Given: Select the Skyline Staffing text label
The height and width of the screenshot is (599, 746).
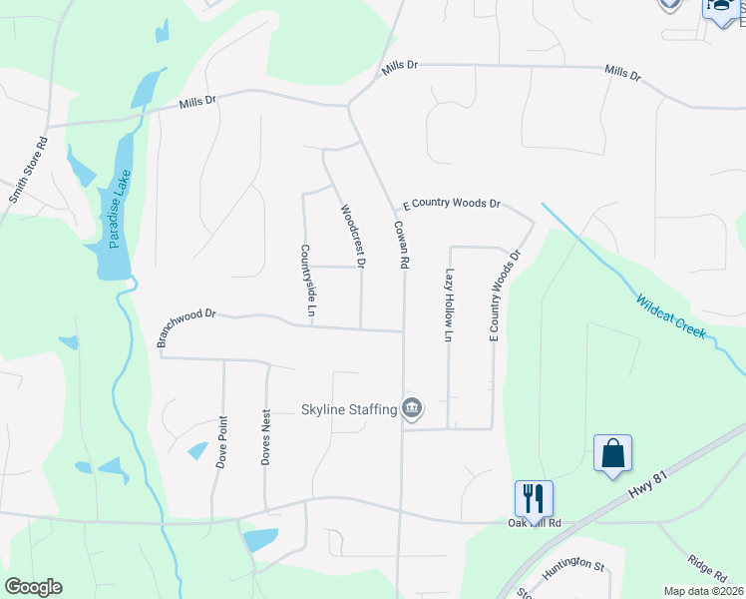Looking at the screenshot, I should (348, 409).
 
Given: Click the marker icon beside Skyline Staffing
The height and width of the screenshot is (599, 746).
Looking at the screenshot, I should (412, 408).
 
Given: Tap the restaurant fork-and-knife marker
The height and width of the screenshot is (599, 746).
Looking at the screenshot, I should (534, 496).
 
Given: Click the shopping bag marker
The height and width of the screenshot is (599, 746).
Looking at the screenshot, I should (612, 453).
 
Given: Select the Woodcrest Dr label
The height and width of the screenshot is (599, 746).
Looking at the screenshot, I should (353, 237).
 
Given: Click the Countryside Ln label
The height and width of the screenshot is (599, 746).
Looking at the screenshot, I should (307, 283).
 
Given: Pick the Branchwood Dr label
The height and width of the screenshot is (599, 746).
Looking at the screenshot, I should (186, 326).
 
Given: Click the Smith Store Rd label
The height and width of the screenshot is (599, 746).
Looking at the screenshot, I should (29, 171).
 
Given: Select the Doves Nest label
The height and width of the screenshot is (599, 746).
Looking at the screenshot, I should (265, 445).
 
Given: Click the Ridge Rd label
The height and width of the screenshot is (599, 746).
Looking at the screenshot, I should (707, 568).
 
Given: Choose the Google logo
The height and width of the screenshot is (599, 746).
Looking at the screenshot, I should (33, 587).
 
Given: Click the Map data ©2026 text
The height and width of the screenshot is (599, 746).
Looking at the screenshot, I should (704, 591).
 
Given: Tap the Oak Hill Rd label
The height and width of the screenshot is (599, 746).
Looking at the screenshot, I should (536, 523).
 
